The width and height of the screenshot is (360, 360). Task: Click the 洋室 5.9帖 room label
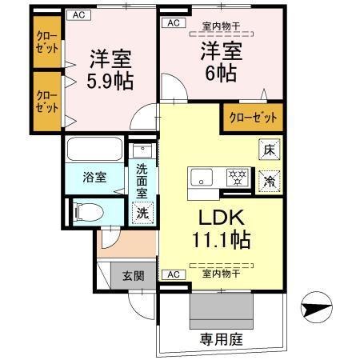click(110, 70)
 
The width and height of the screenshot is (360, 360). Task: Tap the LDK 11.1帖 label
click(219, 228)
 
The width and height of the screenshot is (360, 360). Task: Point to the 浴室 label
click(94, 178)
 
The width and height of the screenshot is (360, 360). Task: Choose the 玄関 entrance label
click(133, 277)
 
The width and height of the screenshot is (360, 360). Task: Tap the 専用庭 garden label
click(222, 339)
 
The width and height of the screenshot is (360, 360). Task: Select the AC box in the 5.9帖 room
click(78, 14)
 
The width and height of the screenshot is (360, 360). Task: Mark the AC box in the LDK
click(171, 274)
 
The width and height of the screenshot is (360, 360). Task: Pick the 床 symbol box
click(270, 149)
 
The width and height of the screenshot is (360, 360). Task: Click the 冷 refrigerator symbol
click(270, 181)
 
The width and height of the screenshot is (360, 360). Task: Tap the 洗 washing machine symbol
click(142, 213)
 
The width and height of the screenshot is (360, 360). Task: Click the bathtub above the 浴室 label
click(94, 150)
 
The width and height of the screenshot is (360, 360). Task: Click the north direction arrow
click(316, 307)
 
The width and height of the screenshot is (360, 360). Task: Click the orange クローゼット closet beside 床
click(253, 117)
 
